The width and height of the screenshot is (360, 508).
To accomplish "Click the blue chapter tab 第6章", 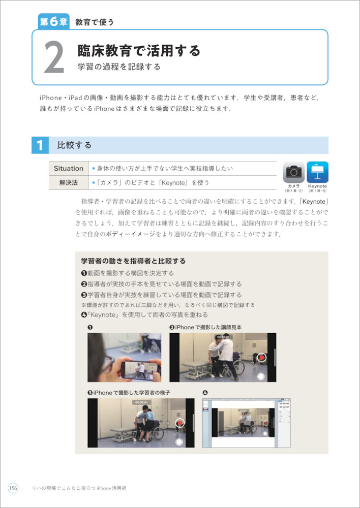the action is [53, 22].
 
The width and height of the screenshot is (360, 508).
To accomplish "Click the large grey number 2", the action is [54, 58].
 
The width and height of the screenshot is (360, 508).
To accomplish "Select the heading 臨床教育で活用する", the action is [138, 50].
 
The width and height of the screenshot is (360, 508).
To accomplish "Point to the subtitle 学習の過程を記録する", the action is [118, 67].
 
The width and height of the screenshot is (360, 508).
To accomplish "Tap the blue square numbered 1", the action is [40, 145].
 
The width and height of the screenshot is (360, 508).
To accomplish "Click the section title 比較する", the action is [74, 145].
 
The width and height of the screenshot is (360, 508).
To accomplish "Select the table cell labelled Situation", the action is [69, 169].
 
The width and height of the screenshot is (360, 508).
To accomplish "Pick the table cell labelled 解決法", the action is [69, 182].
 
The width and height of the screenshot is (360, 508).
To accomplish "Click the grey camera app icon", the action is [293, 172].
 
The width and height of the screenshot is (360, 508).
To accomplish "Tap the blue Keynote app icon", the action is [317, 172].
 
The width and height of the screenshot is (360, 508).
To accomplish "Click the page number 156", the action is [13, 488].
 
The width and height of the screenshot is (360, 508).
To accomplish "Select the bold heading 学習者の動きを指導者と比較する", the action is [133, 261].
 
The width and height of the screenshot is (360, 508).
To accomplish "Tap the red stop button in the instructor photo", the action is [261, 357].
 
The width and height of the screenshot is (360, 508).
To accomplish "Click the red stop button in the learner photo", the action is [179, 423].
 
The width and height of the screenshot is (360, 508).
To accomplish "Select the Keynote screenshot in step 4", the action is [246, 423].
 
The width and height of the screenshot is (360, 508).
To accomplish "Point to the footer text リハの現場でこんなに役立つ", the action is [63, 488].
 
